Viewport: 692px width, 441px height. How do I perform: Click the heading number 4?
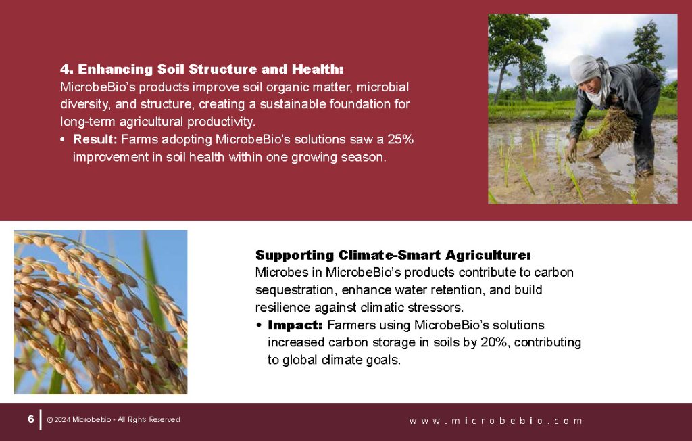tap(66, 70)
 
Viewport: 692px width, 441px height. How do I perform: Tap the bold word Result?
tap(95, 140)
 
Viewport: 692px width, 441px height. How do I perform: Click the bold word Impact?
tap(295, 325)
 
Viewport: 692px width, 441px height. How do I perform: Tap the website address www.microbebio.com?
tap(495, 421)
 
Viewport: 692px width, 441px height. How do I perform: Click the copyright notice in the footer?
tap(114, 420)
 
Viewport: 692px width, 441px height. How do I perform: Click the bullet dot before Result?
tap(63, 140)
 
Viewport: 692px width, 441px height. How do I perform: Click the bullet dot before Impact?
tap(259, 325)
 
